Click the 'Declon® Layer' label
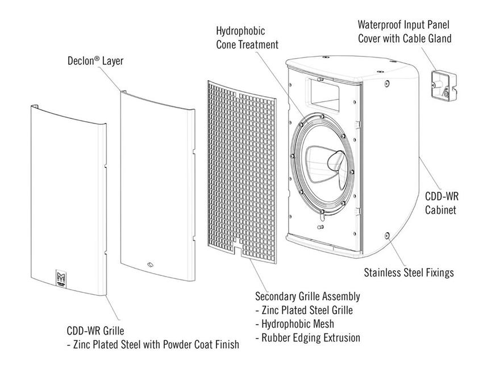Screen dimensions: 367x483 point(95,60)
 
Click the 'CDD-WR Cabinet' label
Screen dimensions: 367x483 point(442,203)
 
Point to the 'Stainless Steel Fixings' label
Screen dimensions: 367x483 point(409,273)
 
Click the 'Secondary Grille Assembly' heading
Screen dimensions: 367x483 point(307,297)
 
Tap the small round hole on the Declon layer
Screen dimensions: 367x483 point(149,263)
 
